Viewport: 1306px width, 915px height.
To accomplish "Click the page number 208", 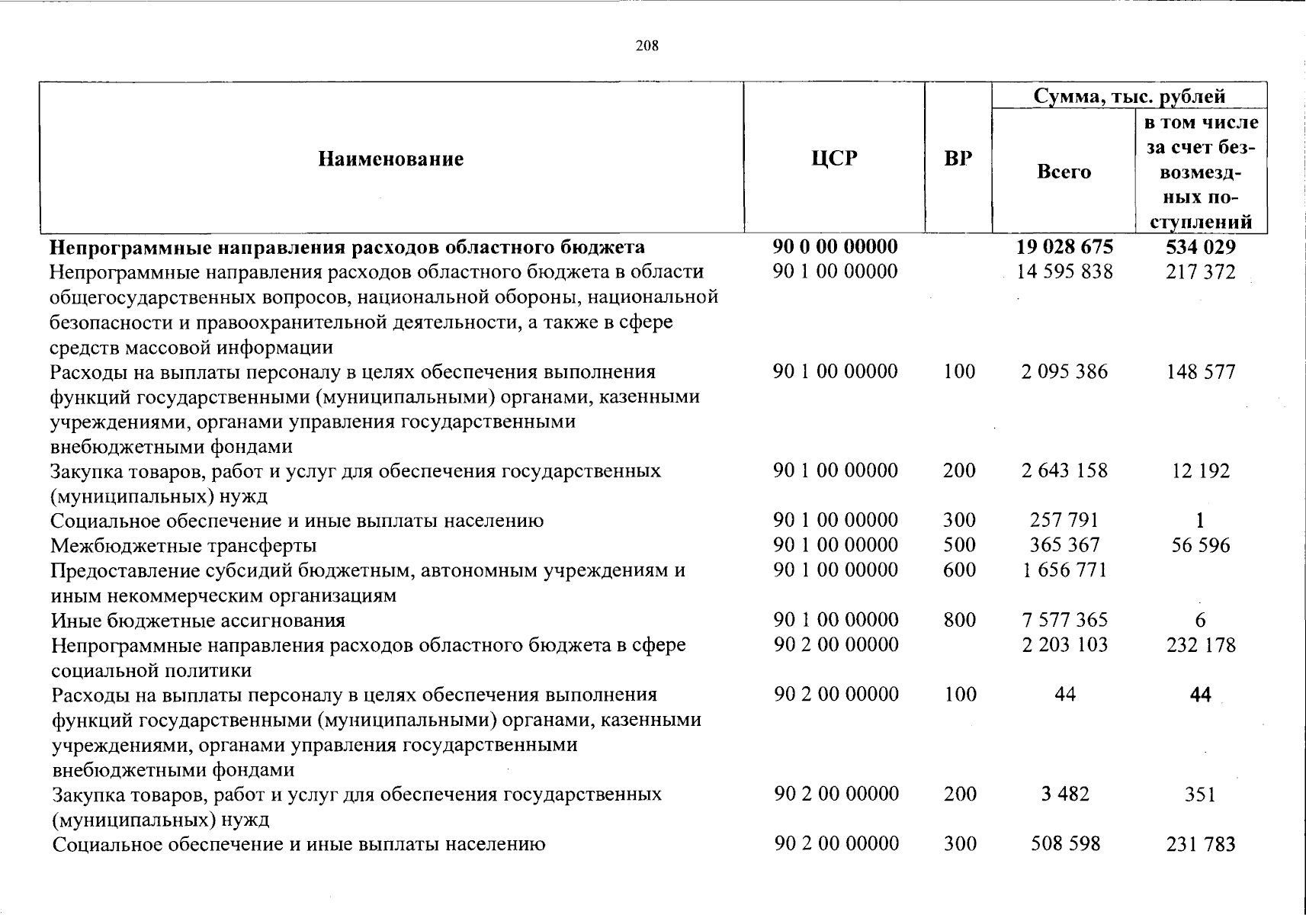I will click(647, 46).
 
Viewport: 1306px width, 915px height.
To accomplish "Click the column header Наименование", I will click(390, 159).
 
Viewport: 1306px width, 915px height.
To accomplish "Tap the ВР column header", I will click(958, 159).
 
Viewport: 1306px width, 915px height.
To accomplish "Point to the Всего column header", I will click(1064, 172).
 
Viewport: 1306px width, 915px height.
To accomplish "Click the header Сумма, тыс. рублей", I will click(1129, 96).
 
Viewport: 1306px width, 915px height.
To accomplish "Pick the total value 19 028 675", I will click(1064, 247).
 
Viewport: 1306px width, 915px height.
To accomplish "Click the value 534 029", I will click(1200, 247).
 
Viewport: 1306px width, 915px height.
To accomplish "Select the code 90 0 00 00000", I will click(835, 247).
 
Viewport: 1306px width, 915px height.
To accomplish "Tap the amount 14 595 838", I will click(1064, 271).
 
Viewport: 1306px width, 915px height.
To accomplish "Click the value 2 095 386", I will click(1064, 371).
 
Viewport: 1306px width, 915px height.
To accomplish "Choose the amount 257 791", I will click(1064, 521).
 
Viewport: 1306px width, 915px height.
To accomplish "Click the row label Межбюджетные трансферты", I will click(184, 546).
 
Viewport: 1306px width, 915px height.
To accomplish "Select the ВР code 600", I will click(959, 570).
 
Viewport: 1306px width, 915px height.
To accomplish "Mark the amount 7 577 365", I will click(1064, 620).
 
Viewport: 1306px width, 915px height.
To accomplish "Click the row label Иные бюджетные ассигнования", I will click(198, 621).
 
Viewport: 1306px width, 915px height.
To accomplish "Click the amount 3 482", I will click(1064, 795).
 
